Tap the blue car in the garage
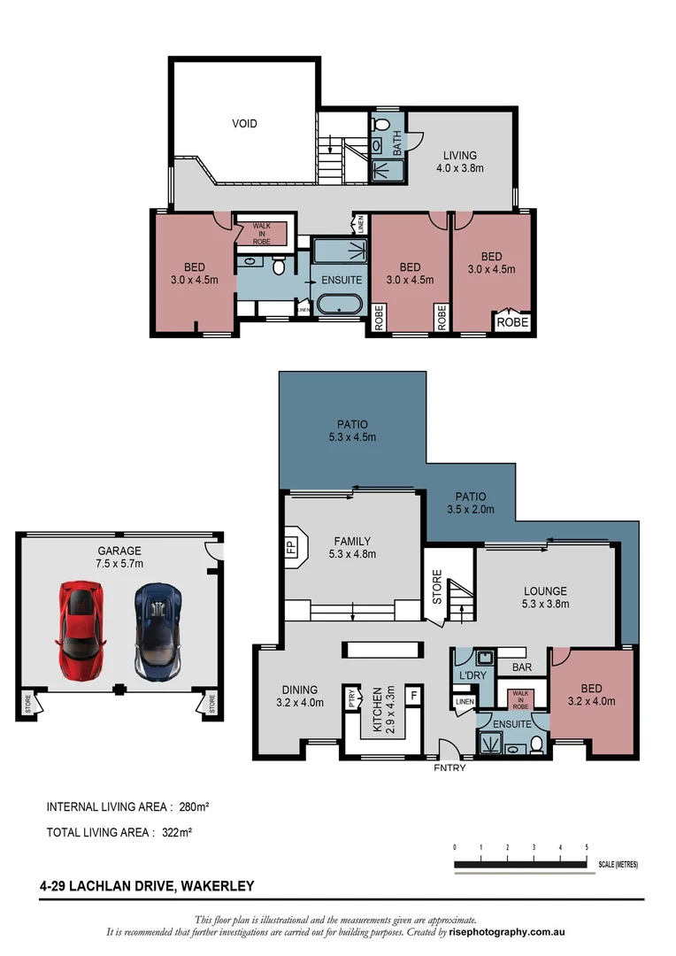(158, 629)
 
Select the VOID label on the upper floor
(245, 123)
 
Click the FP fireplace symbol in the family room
(290, 546)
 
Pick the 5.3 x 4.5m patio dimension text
(352, 436)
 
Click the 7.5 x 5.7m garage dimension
(119, 563)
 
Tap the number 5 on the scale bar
(587, 847)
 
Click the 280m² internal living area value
(192, 806)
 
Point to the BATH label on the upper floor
(396, 142)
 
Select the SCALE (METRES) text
(618, 864)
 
